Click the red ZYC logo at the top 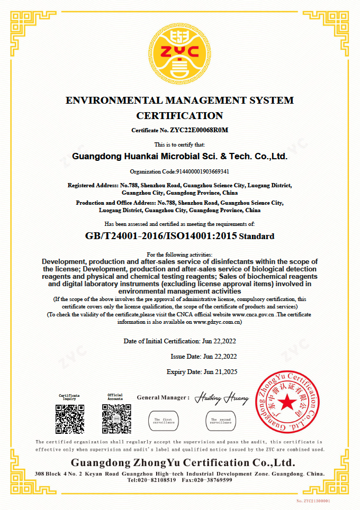point(179,52)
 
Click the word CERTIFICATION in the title point(179,115)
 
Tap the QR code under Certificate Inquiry point(70,419)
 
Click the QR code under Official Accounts point(116,419)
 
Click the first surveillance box point(164,421)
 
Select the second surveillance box point(221,421)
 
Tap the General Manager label point(163,397)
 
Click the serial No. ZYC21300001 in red point(313,500)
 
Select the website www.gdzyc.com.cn point(217,321)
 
